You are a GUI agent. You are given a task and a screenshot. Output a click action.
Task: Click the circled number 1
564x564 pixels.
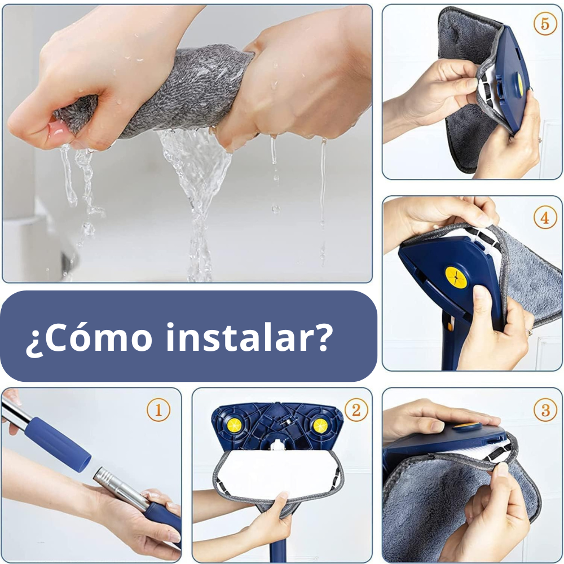158,409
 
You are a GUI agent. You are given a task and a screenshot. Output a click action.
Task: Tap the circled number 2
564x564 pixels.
356,409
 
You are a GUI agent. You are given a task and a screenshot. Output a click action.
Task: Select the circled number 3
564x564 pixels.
545,409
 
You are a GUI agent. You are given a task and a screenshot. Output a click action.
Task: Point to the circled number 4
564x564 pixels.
545,217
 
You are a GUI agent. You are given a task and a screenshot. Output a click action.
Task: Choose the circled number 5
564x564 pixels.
545,24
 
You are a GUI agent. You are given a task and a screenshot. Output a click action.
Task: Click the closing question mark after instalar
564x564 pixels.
321,337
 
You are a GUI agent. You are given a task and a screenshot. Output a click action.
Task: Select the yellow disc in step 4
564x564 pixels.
456,277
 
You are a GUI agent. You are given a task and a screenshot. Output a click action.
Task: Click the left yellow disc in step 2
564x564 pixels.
234,425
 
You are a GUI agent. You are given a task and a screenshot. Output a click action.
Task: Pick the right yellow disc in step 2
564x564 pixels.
320,426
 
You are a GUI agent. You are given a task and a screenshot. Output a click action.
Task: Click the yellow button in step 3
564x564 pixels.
466,426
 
